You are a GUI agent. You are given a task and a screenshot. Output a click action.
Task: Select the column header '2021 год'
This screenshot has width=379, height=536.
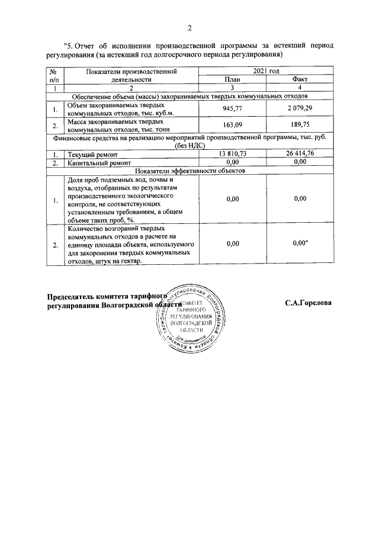pos(266,71)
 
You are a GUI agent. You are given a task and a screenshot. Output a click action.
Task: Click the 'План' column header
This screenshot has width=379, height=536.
pos(232,79)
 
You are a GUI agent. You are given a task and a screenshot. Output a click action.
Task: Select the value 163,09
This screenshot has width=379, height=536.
pos(232,124)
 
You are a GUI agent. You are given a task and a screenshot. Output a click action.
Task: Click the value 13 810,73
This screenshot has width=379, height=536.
pos(232,154)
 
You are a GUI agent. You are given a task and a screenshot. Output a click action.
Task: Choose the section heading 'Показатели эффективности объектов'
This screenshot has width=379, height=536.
pos(189,169)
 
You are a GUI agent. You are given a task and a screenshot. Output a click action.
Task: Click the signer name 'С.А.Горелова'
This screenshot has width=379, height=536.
pos(308,303)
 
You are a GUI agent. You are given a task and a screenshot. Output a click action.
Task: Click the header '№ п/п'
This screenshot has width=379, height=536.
pos(54,75)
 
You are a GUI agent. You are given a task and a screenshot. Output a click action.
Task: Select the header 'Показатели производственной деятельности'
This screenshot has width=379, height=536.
pos(131,75)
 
